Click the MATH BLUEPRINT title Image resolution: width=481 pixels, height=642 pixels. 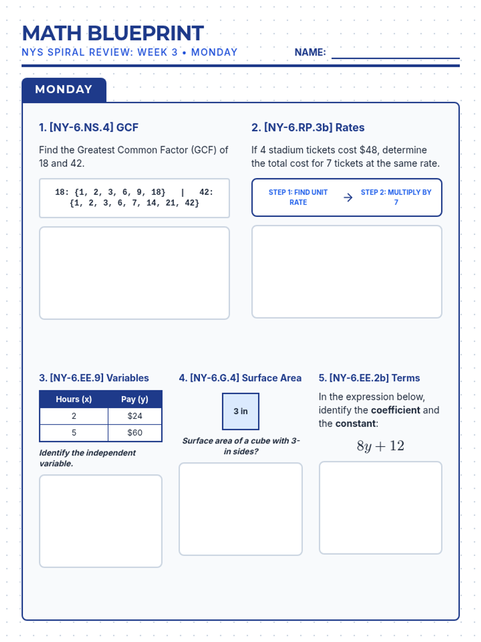click(x=113, y=33)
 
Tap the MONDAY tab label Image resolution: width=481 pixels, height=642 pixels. click(x=64, y=89)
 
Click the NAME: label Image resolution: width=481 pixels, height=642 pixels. click(x=310, y=52)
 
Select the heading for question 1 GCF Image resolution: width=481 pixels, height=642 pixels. click(x=89, y=128)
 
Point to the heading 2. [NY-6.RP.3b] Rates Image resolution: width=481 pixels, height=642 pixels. click(x=308, y=128)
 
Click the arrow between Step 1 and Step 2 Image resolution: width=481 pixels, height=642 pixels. click(x=348, y=197)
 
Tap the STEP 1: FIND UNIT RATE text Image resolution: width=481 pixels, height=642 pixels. click(x=298, y=197)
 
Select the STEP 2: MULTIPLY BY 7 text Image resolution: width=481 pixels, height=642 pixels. click(x=396, y=197)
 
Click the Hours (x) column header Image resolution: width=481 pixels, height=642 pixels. click(x=74, y=399)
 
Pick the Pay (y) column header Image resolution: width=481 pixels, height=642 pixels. click(x=135, y=399)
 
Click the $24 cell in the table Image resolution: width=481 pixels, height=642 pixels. click(x=135, y=416)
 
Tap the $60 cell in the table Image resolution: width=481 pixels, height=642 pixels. click(x=135, y=433)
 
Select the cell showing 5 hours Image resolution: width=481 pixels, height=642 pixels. click(x=74, y=433)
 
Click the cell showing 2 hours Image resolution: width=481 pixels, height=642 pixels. click(x=74, y=416)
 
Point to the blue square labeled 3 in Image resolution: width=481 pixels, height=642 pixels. click(x=240, y=411)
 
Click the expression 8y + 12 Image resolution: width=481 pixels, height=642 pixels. click(x=380, y=446)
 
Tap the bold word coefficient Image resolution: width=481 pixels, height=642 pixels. click(x=395, y=410)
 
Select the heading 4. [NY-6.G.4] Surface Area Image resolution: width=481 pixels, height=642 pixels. click(x=240, y=378)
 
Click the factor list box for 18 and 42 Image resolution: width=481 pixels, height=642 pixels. click(x=134, y=198)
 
